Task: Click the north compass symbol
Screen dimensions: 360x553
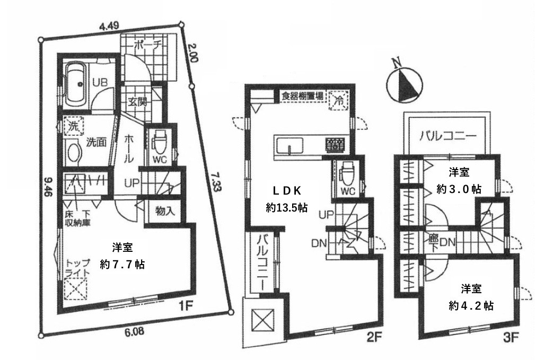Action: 402,85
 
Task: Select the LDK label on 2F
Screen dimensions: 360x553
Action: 287,191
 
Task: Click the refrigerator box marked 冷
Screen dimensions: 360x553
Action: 337,101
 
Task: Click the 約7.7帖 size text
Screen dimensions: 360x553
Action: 123,264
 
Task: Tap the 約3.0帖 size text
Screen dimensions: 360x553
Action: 459,188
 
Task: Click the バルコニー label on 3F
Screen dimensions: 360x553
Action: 447,134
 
